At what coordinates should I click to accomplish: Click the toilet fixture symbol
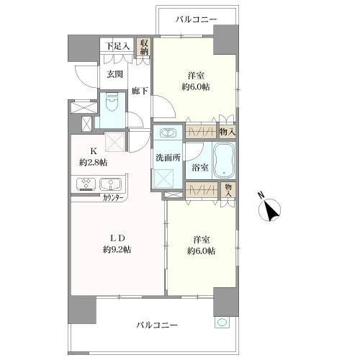(112, 103)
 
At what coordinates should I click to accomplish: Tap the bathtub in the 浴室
(224, 161)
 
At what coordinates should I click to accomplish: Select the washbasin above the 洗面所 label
(168, 133)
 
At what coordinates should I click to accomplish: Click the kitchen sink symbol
(111, 184)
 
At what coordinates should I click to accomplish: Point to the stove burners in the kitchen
(86, 184)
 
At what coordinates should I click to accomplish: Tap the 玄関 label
(114, 74)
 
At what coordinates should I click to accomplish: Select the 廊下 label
(140, 91)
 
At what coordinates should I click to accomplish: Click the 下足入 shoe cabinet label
(118, 46)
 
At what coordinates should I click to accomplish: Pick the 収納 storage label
(144, 47)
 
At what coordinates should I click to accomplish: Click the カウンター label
(113, 198)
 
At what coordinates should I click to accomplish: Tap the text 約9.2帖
(117, 250)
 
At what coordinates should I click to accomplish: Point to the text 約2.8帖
(93, 163)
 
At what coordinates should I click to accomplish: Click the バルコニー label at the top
(196, 19)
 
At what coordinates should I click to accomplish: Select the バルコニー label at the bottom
(157, 325)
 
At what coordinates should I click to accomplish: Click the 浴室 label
(199, 168)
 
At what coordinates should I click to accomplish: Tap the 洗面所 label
(168, 158)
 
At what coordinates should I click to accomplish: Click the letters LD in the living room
(117, 238)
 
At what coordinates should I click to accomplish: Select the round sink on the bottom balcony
(222, 322)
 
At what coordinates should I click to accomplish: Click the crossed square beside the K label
(114, 142)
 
